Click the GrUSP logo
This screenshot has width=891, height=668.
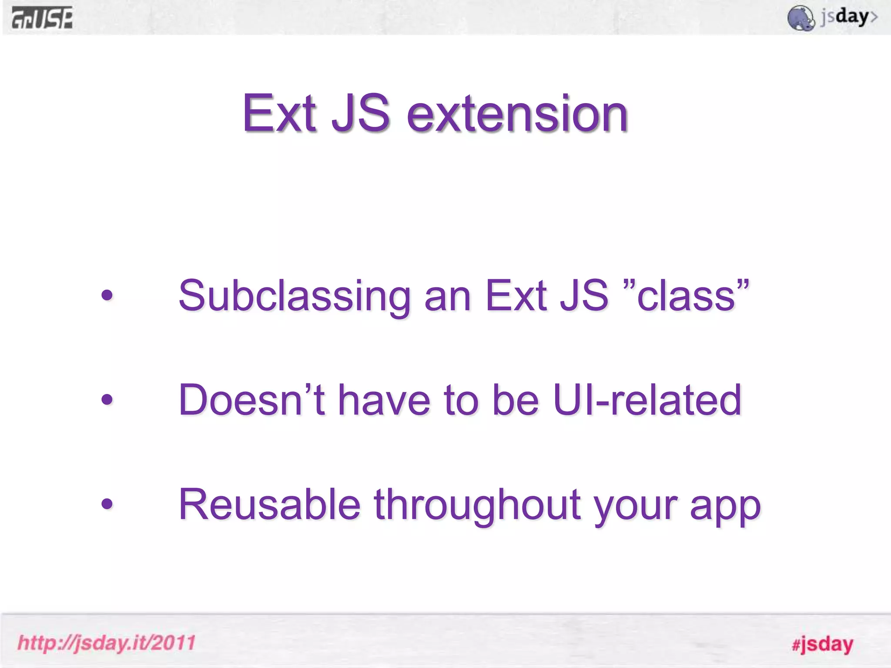coord(42,18)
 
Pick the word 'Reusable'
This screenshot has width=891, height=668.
coord(269,504)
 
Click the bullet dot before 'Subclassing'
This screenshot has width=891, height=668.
coord(107,296)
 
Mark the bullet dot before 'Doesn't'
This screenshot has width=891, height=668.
coord(107,399)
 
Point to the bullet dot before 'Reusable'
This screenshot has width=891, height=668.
coord(107,504)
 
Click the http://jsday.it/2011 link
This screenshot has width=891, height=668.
coord(107,643)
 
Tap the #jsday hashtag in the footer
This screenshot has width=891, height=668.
coord(822,644)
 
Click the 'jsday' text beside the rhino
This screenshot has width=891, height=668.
coord(848,17)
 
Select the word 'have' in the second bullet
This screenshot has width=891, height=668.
coord(384,400)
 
